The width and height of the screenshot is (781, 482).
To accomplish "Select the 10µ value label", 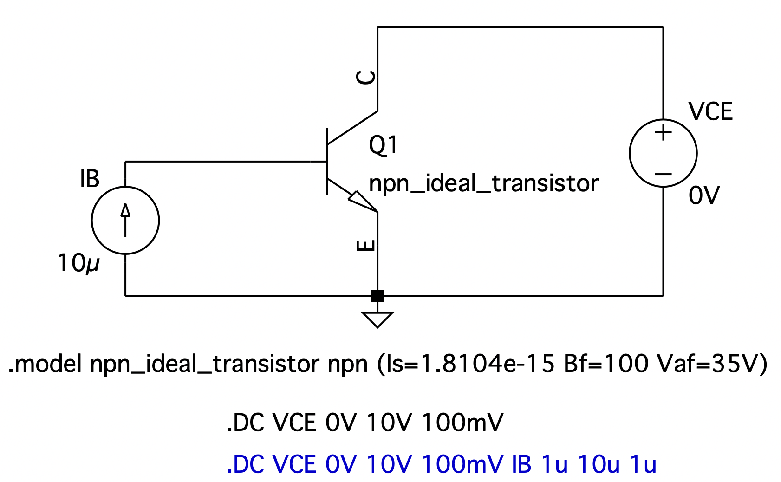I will pyautogui.click(x=78, y=263).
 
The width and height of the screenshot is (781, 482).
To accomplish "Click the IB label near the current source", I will pyautogui.click(x=90, y=179).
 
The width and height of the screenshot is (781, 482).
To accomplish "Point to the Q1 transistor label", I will pyautogui.click(x=383, y=145).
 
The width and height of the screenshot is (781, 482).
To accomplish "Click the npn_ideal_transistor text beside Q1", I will pyautogui.click(x=483, y=183).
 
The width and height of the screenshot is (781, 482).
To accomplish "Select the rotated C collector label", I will pyautogui.click(x=366, y=78).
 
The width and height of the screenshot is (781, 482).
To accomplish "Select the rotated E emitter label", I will pyautogui.click(x=366, y=246).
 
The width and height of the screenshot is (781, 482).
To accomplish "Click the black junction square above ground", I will pyautogui.click(x=377, y=296).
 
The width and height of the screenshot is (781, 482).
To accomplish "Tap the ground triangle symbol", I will pyautogui.click(x=377, y=319).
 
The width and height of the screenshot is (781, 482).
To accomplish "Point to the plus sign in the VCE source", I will pyautogui.click(x=663, y=133).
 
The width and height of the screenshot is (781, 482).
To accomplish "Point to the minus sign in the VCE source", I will pyautogui.click(x=663, y=174).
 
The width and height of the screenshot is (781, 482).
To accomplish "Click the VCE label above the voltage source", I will pyautogui.click(x=710, y=112).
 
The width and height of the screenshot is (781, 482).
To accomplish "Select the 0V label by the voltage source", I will pyautogui.click(x=704, y=195).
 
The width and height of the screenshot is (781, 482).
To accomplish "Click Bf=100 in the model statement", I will pyautogui.click(x=606, y=364).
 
